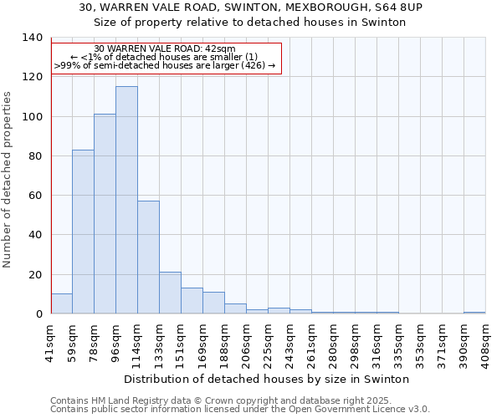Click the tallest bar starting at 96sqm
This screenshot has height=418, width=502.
(126, 200)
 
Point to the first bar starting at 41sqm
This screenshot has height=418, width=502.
(61, 303)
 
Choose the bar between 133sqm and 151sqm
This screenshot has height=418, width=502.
(170, 293)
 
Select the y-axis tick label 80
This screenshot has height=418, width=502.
(34, 156)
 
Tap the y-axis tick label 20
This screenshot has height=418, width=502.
(34, 275)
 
